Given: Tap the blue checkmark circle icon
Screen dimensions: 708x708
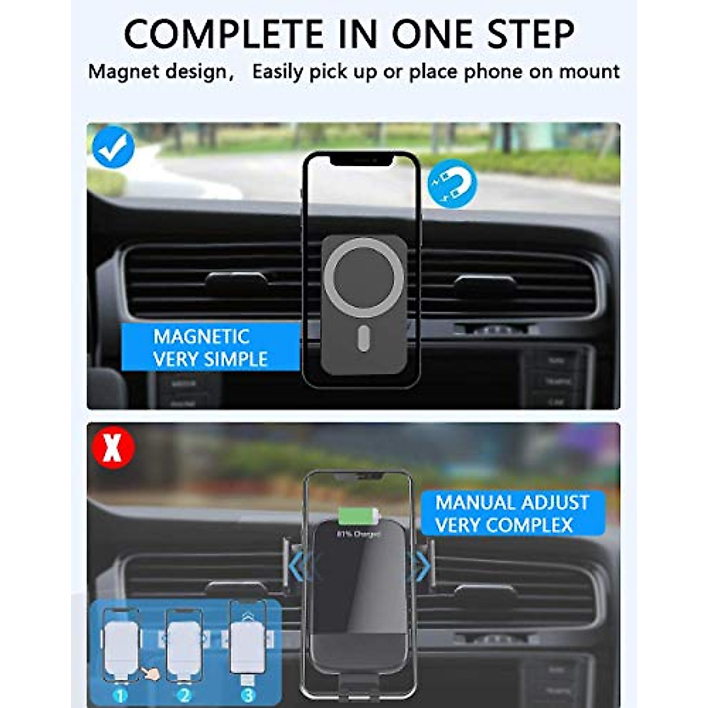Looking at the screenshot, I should click(113, 147).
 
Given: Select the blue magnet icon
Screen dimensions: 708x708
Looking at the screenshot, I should click(452, 183).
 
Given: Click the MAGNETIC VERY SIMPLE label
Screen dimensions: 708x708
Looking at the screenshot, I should click(210, 348).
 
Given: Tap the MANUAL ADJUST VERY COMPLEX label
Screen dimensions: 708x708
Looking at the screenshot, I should click(512, 513).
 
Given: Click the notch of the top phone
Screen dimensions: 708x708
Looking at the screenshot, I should click(361, 160).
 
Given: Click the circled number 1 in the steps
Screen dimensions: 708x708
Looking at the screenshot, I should click(121, 695).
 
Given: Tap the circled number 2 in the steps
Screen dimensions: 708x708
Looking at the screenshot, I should click(184, 695).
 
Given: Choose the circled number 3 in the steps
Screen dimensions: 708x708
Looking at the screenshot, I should click(248, 695).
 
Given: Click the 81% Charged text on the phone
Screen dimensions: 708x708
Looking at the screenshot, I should click(359, 534).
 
